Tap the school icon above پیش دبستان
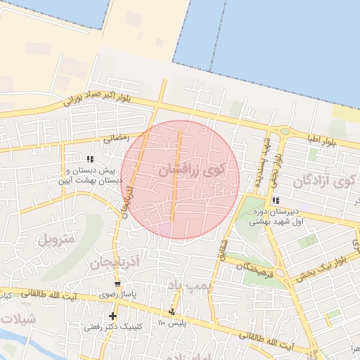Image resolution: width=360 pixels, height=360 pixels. click(90, 159)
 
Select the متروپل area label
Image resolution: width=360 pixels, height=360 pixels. click(53, 238)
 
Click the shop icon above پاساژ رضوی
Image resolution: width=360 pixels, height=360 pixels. click(116, 285)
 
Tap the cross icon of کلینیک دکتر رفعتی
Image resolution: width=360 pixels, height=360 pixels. click(112, 316)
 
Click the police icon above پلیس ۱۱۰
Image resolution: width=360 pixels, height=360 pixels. click(172, 311)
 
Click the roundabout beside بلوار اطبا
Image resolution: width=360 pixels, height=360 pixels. click(284, 131)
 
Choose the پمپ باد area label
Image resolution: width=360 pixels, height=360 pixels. click(185, 283)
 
